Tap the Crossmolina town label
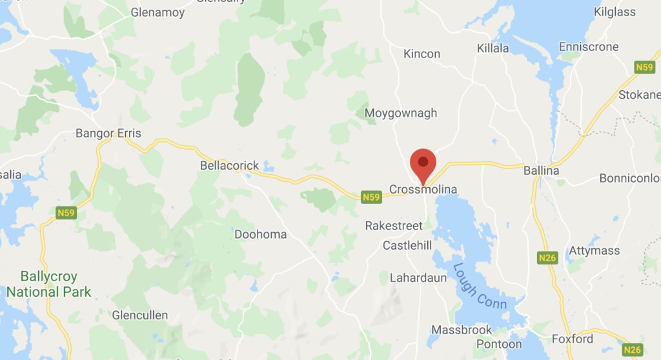tap(423, 190)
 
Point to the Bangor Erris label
tap(108, 134)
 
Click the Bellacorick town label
tap(229, 166)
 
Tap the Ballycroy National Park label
tap(48, 284)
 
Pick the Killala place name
tap(493, 48)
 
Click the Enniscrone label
tap(588, 47)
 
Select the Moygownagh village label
tap(400, 114)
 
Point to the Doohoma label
tap(260, 234)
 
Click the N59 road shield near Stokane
tap(644, 67)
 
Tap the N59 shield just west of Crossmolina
tap(371, 197)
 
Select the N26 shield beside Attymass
tap(547, 258)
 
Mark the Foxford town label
tap(573, 339)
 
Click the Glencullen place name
tap(139, 315)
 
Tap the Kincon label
tap(422, 54)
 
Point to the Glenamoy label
tap(157, 12)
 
